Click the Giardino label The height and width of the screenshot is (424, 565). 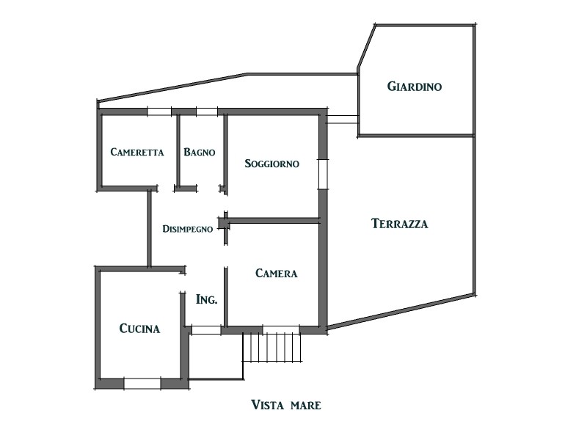click(415, 87)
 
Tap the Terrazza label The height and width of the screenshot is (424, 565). click(400, 224)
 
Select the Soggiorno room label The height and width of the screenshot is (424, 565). click(271, 164)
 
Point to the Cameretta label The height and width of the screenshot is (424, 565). click(137, 152)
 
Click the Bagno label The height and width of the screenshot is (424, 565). click(200, 152)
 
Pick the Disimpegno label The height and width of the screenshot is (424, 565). click(188, 229)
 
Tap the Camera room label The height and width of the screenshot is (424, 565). click(277, 274)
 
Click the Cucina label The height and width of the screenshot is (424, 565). click(139, 329)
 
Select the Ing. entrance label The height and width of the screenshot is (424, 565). click(206, 299)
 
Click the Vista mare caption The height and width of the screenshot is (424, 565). click(285, 405)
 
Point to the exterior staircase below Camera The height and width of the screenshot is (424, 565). click(271, 348)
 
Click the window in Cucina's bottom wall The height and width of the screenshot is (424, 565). click(142, 384)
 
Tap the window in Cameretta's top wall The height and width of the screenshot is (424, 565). click(159, 112)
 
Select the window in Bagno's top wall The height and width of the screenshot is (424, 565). click(207, 112)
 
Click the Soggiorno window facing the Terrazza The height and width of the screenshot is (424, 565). click(323, 175)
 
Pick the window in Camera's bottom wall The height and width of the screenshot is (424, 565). click(281, 329)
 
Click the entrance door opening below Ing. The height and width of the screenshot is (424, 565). click(205, 330)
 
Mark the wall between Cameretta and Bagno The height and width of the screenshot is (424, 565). click(178, 150)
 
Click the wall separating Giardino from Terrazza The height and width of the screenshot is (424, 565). click(416, 136)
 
